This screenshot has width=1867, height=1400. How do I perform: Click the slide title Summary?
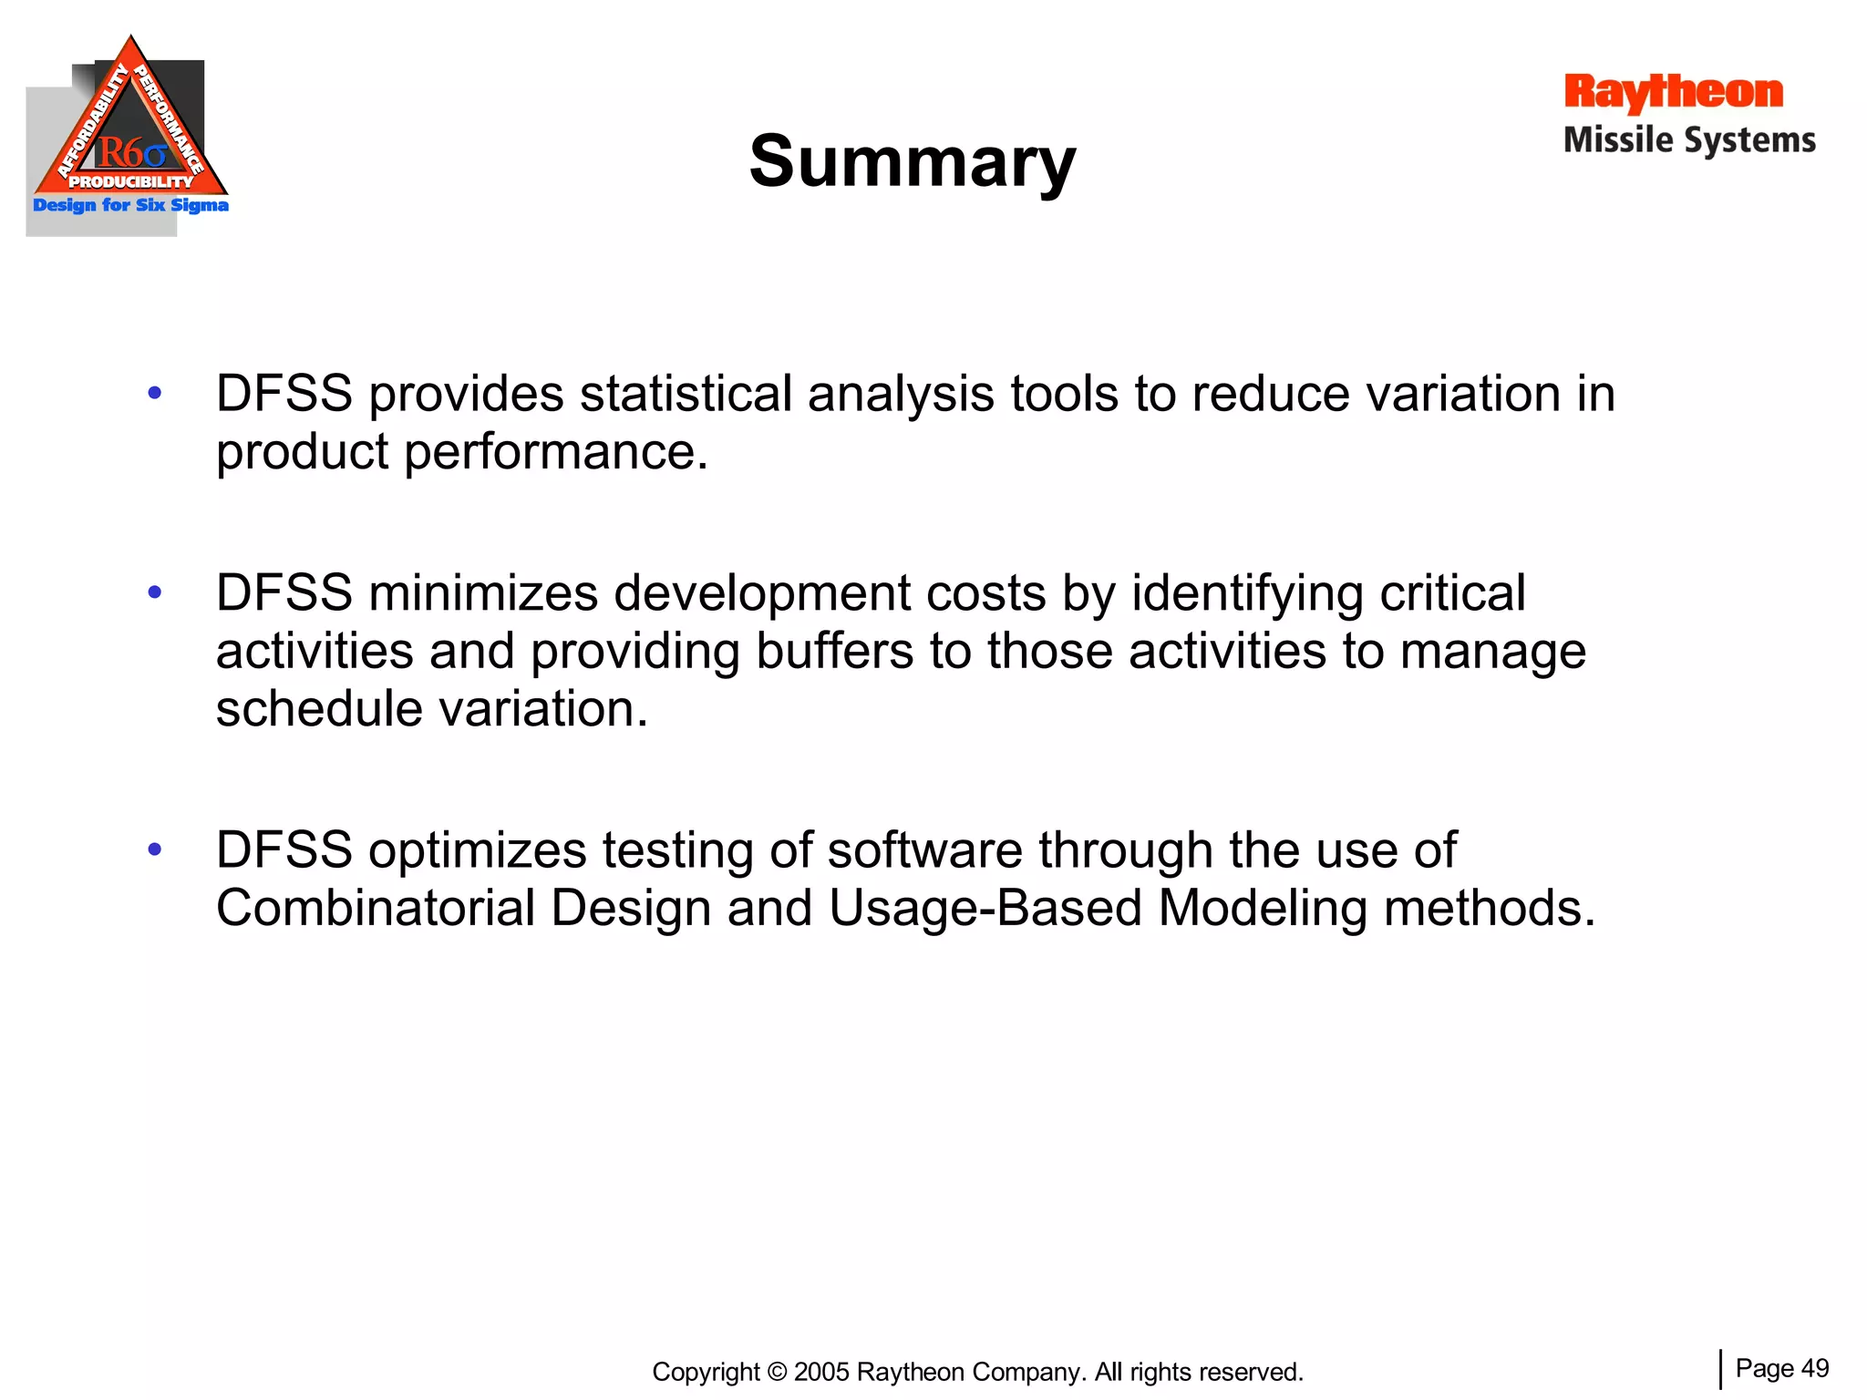coord(913,161)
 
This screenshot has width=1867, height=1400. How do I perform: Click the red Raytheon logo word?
coord(1673,92)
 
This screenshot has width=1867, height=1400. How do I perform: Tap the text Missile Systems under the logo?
coord(1689,140)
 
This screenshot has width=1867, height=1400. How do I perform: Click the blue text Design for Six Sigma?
coord(130,205)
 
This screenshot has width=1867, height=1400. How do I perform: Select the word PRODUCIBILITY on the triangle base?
coord(131,181)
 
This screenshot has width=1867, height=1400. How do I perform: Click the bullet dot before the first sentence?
coord(155,394)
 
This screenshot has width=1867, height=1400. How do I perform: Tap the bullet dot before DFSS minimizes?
coord(155,593)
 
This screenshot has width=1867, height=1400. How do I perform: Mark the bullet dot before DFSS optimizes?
coord(155,850)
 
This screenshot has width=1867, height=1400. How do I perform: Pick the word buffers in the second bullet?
coord(834,651)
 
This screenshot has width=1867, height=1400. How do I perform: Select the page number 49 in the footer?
coord(1815,1368)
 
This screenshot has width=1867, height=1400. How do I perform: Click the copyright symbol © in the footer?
coord(777,1372)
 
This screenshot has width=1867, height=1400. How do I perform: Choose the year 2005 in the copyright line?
coord(821,1372)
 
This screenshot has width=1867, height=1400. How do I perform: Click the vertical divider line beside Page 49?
coord(1720,1369)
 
